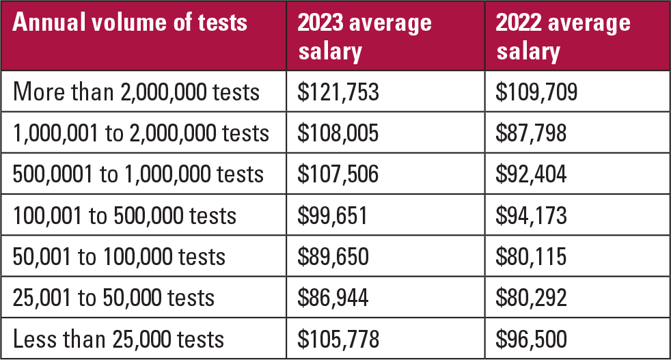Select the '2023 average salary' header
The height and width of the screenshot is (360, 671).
[x=364, y=37]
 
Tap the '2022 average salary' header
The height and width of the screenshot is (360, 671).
[x=563, y=37]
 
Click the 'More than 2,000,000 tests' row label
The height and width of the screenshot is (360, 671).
[x=137, y=92]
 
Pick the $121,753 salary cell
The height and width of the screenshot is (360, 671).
[x=338, y=92]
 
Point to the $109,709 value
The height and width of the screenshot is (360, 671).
[x=537, y=92]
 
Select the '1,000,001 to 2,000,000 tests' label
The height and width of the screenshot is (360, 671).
[x=141, y=133]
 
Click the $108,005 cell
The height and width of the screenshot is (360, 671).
[x=338, y=133]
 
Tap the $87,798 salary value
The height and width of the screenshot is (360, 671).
[x=532, y=133]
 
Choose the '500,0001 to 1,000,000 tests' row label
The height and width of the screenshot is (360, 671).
[x=138, y=174]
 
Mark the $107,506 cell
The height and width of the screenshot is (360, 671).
[x=338, y=174]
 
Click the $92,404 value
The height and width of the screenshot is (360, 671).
[x=532, y=174]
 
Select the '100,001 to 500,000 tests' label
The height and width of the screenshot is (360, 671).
[x=124, y=216]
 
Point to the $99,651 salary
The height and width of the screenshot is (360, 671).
[x=333, y=216]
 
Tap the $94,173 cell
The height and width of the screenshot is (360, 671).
[x=532, y=216]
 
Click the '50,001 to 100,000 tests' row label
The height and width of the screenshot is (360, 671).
[x=119, y=257]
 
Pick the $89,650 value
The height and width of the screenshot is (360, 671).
[x=333, y=257]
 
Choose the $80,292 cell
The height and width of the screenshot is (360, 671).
[x=532, y=298]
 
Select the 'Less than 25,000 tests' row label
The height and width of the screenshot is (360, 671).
[x=118, y=339]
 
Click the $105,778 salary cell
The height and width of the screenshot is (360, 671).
[x=338, y=339]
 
